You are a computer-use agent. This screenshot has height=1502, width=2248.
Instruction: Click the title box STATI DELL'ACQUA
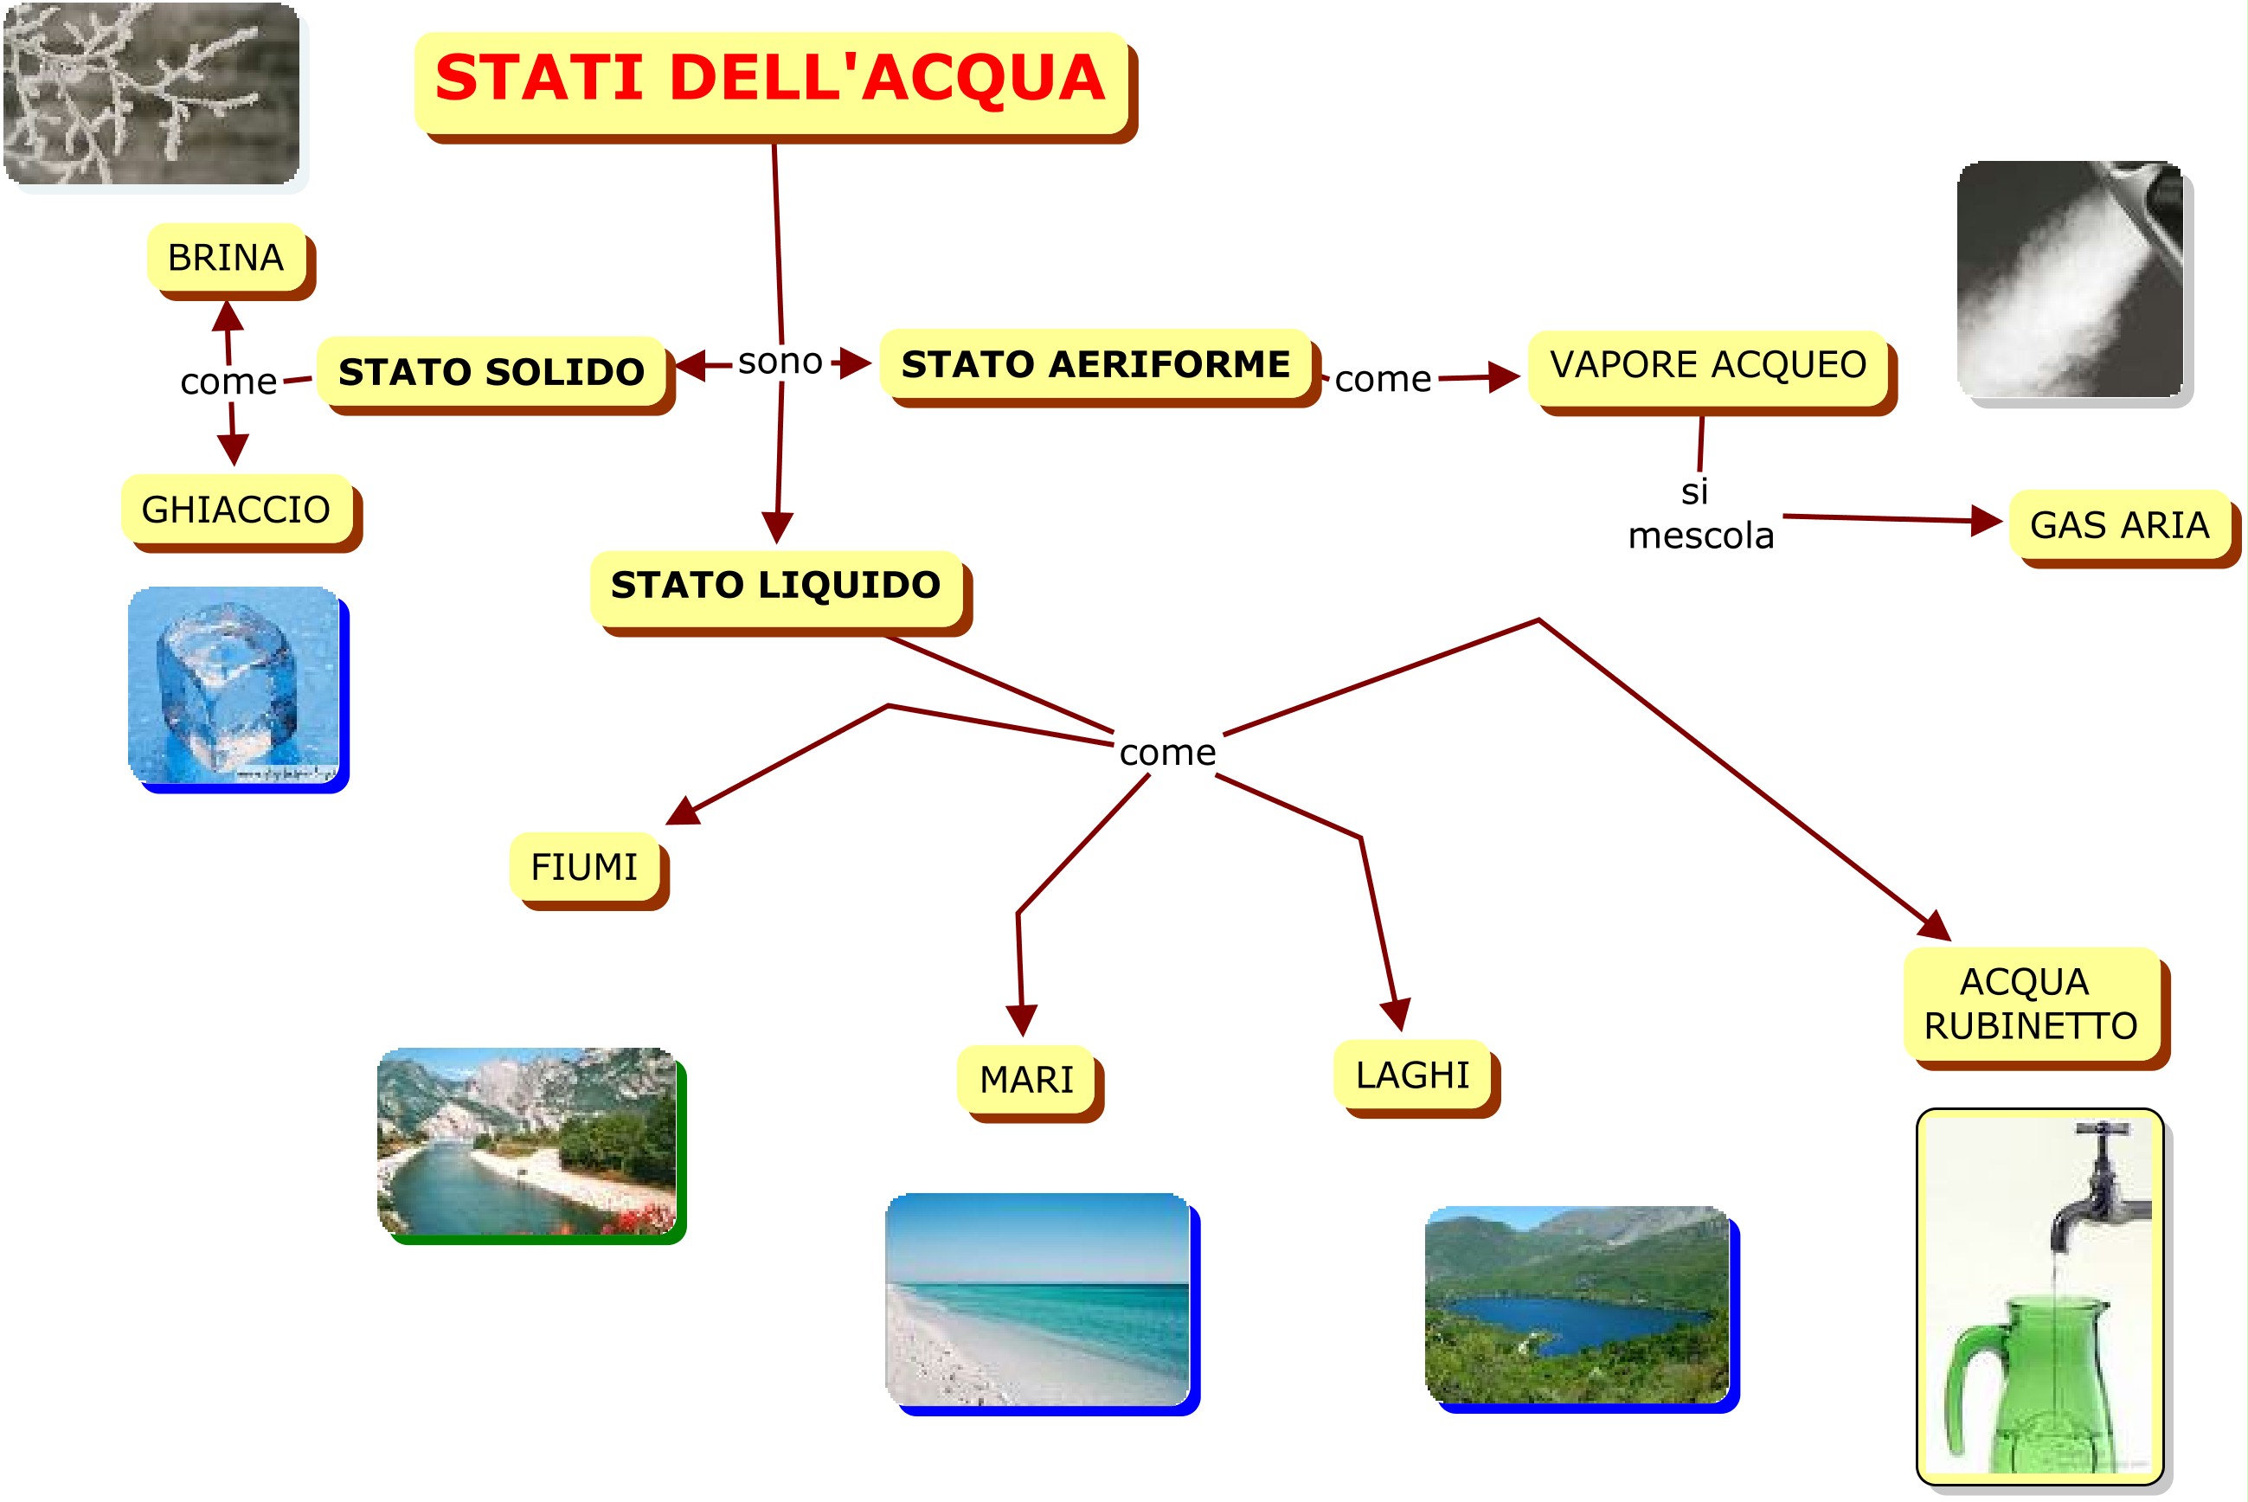click(x=770, y=81)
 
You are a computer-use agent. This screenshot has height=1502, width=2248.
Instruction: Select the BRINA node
click(x=226, y=258)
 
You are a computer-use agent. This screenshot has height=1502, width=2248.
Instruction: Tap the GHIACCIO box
click(x=236, y=510)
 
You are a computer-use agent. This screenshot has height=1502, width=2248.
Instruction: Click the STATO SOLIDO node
click(x=491, y=372)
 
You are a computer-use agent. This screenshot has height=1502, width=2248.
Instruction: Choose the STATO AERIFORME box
click(x=1095, y=364)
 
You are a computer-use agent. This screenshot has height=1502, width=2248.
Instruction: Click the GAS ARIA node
click(x=2119, y=525)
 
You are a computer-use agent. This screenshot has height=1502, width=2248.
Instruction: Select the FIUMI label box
click(x=584, y=867)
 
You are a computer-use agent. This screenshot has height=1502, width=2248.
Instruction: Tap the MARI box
click(x=1026, y=1080)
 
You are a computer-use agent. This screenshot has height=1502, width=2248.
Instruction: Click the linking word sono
click(x=780, y=361)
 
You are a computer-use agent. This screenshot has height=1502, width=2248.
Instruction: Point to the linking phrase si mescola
click(x=1700, y=515)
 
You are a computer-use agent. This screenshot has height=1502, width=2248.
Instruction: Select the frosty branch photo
click(x=151, y=93)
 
